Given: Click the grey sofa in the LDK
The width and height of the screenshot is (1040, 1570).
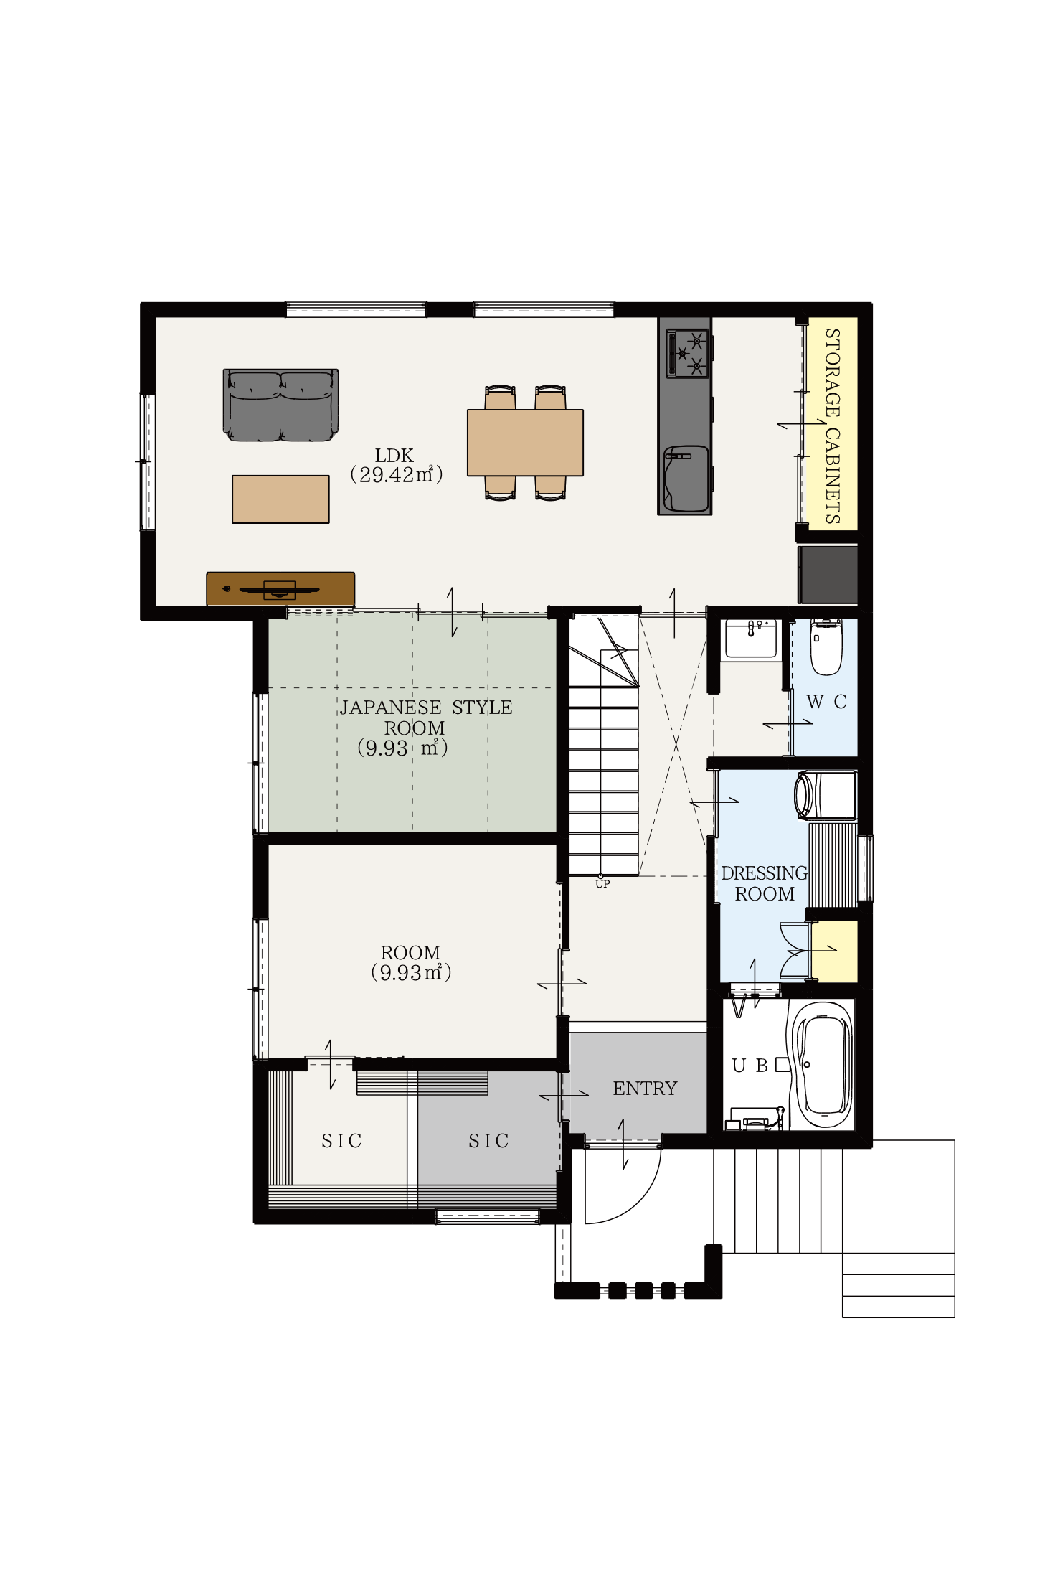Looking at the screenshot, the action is coord(280,405).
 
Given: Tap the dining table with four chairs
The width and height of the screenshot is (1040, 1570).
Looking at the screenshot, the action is coord(525,442).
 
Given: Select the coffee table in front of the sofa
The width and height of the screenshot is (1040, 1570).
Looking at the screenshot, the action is coord(280,499).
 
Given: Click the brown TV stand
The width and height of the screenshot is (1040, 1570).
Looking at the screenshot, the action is coord(280,588).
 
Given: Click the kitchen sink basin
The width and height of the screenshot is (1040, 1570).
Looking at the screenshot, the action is coord(686,479).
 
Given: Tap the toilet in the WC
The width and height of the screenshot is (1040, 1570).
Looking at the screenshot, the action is coord(826,647).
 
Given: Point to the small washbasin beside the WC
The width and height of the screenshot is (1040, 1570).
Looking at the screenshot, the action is coord(751,639).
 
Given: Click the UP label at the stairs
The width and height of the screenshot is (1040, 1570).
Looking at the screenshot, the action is coord(602,884).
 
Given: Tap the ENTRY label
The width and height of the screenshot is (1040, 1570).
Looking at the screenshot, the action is coord(645,1089).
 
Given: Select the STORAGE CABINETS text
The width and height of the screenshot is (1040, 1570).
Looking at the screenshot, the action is coord(832,426).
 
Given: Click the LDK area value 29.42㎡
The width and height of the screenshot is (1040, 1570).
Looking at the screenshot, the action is coord(396,474).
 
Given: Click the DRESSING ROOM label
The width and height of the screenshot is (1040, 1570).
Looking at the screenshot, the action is coord(765,883).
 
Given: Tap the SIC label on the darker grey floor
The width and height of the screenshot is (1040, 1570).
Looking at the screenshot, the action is coord(488,1141).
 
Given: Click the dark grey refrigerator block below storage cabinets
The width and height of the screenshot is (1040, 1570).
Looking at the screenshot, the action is coord(828,575).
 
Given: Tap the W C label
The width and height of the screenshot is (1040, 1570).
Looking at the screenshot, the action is coord(826,702).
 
